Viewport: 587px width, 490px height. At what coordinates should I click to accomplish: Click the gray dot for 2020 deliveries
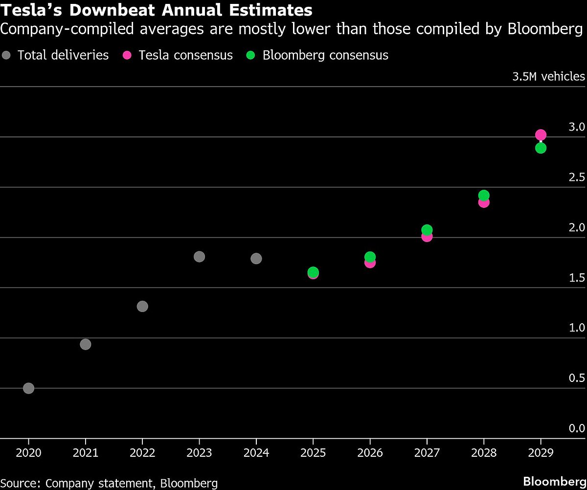coord(28,388)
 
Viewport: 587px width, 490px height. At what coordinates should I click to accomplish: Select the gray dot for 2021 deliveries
coord(85,344)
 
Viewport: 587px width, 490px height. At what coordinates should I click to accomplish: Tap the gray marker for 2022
coord(142,307)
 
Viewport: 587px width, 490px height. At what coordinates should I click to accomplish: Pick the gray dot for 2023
coord(199,257)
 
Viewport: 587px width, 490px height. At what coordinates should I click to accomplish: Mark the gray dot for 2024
coord(256,259)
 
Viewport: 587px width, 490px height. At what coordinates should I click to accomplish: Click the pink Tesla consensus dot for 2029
coord(541,134)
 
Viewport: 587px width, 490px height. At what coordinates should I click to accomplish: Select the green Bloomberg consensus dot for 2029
coord(541,148)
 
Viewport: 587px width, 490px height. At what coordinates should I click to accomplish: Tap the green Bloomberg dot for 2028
coord(484,195)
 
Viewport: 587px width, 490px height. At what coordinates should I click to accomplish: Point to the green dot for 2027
coord(427,229)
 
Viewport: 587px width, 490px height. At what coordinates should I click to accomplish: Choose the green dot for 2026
coord(370,256)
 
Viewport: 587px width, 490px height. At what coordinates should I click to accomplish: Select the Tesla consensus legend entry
coord(179,55)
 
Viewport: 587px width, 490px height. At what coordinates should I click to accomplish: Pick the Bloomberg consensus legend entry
coord(318,55)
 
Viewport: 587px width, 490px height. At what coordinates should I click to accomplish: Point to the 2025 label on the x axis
coord(313,453)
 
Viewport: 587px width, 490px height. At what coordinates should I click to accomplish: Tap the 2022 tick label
coord(142,453)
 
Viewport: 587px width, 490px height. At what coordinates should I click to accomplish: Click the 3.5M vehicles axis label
coord(548,76)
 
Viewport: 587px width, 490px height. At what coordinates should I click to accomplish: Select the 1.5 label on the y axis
coord(578,278)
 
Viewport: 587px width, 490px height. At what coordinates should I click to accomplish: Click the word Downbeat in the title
coord(105,9)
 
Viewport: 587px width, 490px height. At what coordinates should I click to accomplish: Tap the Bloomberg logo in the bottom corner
coord(554,481)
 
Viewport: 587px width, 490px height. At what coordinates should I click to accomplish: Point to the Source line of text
coord(109,483)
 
